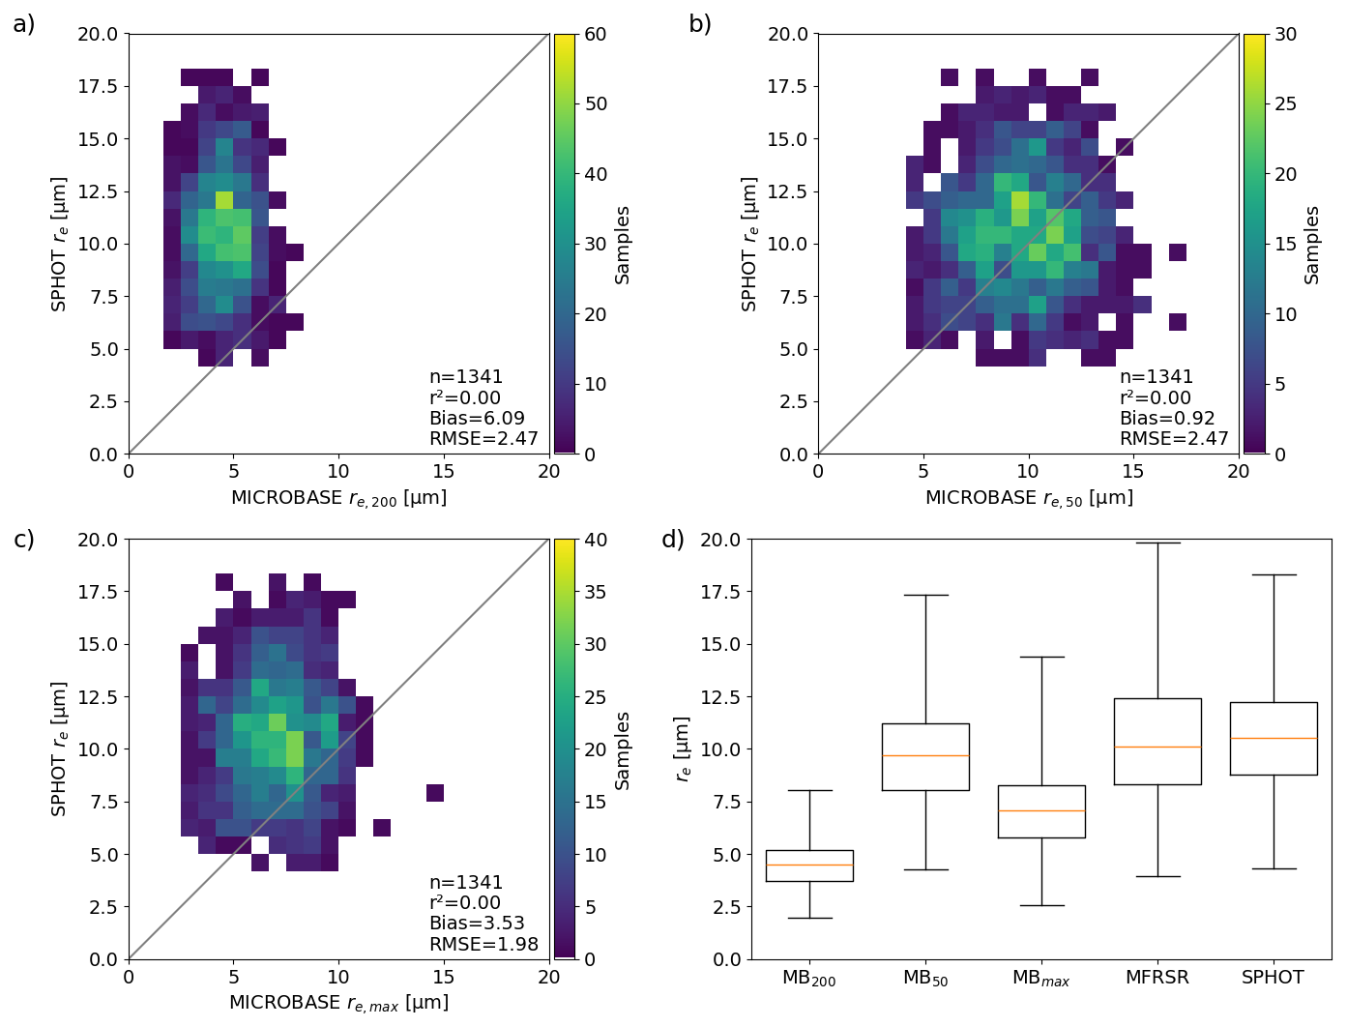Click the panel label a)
click(x=23, y=24)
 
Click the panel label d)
click(x=672, y=540)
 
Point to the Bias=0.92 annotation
click(x=1166, y=418)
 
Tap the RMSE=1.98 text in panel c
click(x=483, y=944)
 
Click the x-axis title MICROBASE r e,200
click(x=338, y=498)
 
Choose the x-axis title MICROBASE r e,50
click(x=1028, y=498)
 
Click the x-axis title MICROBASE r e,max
click(x=338, y=1003)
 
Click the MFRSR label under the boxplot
click(x=1157, y=978)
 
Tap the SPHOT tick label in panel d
click(x=1273, y=978)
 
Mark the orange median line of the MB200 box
click(x=809, y=865)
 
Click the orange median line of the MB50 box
click(x=925, y=755)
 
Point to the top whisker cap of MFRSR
click(x=1157, y=543)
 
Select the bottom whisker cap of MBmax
click(x=1041, y=905)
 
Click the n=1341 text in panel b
click(x=1156, y=377)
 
